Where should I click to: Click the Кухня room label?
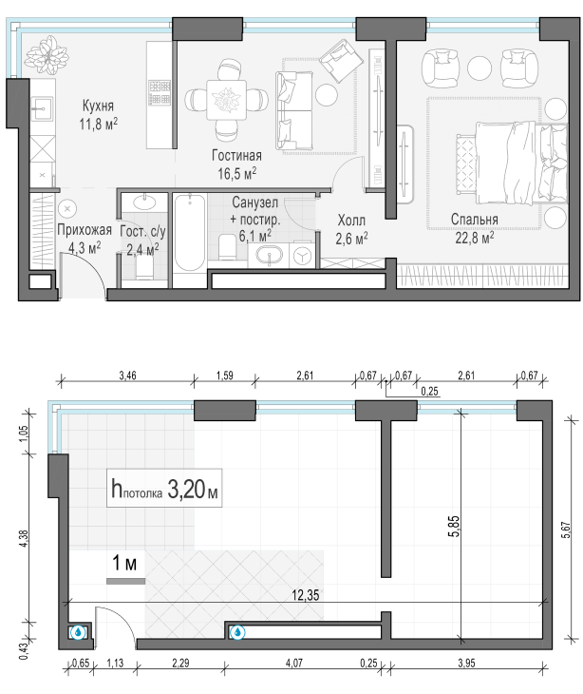[x=98, y=106]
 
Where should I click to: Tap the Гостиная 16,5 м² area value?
[x=237, y=173]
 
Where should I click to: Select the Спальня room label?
[x=474, y=219]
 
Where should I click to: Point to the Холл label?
[x=351, y=220]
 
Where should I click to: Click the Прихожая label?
[x=85, y=230]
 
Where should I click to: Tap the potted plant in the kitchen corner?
[x=47, y=55]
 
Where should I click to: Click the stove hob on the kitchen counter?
[x=160, y=92]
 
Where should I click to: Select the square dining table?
[x=226, y=100]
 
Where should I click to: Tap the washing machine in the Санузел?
[x=302, y=256]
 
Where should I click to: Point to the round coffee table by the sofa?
[x=327, y=94]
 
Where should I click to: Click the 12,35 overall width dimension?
[x=306, y=595]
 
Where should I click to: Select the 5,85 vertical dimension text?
[x=455, y=526]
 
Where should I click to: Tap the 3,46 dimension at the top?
[x=127, y=376]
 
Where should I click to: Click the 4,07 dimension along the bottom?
[x=294, y=663]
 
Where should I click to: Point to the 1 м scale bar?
[x=126, y=581]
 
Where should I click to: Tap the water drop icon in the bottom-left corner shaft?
[x=79, y=632]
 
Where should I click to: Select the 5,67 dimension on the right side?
[x=566, y=530]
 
